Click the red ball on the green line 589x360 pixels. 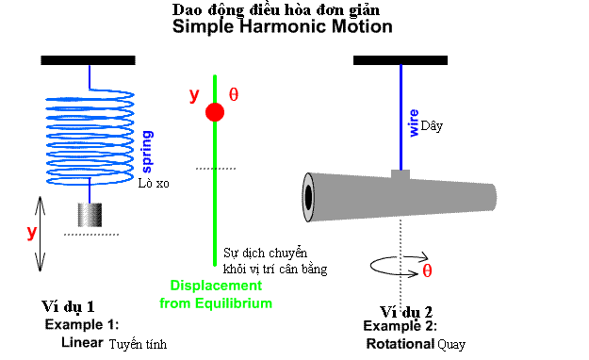(215, 112)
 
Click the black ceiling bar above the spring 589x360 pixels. (89, 60)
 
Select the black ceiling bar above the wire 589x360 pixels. (400, 60)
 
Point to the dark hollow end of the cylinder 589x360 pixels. (308, 196)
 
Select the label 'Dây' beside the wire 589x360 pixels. (432, 125)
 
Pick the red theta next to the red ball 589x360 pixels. (235, 94)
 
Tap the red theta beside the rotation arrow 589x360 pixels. (427, 270)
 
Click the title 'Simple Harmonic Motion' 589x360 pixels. (282, 27)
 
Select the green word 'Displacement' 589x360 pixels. (216, 286)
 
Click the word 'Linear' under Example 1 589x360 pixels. (82, 342)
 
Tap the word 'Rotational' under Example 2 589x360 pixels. (400, 344)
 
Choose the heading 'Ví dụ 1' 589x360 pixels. (68, 307)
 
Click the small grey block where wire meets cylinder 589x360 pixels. (401, 174)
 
